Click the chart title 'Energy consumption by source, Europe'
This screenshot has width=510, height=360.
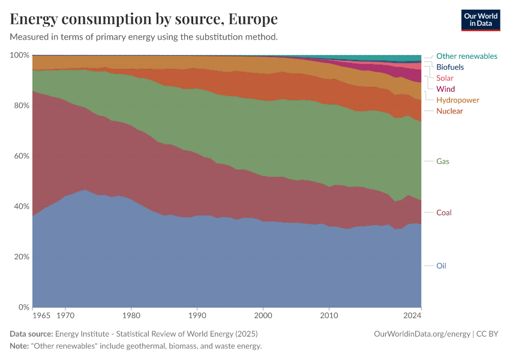[143, 19]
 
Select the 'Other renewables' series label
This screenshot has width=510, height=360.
[466, 56]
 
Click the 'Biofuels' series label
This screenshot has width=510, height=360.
[450, 67]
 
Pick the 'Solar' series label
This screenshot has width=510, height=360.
[445, 78]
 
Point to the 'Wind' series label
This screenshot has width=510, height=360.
[445, 89]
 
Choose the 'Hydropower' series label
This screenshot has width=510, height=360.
[458, 100]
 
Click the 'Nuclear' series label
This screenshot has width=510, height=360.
[449, 111]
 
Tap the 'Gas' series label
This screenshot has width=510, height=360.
[443, 161]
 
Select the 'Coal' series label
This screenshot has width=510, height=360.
[444, 212]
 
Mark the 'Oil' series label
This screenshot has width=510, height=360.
[441, 266]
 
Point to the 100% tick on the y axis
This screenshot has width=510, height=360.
[20, 55]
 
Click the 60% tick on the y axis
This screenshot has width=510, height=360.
[21, 156]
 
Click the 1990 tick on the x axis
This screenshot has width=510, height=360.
[197, 315]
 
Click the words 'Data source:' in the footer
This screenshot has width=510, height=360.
[31, 334]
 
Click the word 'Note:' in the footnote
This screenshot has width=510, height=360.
[20, 346]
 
